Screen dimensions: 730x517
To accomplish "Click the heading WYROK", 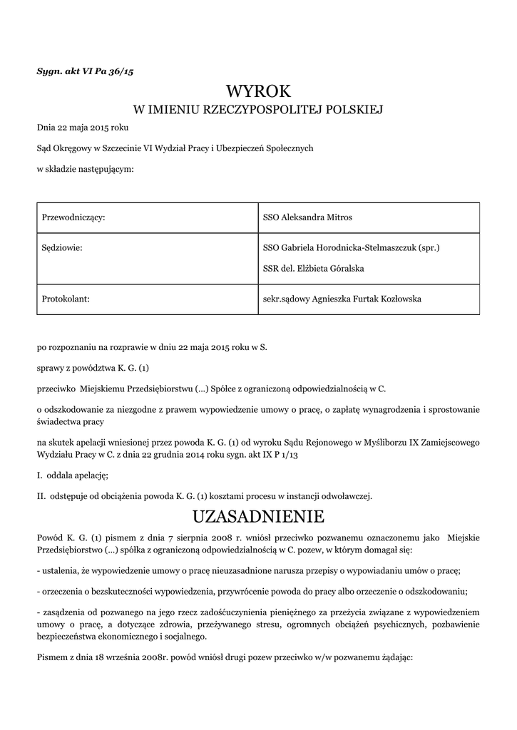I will point(258,91).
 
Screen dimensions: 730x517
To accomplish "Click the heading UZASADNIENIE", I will point(258,515).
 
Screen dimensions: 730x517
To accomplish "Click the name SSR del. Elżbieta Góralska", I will point(314,268).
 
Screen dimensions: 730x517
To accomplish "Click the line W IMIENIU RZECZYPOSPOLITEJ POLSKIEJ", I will point(258,110).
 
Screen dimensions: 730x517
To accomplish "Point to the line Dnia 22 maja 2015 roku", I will point(83,128).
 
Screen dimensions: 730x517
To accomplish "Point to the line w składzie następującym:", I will point(85,169).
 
